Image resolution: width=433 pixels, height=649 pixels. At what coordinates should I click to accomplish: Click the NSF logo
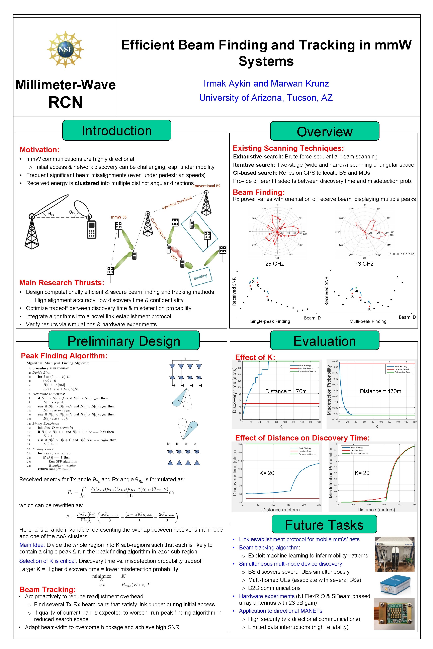coord(65,49)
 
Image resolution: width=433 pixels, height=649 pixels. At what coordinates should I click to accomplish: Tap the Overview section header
coord(325,132)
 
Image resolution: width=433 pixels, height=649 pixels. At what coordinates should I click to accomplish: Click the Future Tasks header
coord(324,525)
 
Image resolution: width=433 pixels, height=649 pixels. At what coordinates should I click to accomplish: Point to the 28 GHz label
coord(274,264)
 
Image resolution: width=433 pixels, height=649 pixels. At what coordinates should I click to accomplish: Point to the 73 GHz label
coord(364,264)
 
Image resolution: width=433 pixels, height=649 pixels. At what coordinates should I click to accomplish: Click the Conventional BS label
coord(206,186)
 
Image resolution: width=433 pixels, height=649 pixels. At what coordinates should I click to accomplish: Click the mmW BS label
coord(118,217)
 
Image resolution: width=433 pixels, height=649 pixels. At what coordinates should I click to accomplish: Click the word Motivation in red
coord(39,150)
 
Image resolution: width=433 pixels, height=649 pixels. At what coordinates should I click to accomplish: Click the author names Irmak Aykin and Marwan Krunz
coord(266,84)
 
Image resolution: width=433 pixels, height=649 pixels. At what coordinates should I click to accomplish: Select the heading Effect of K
coord(255,357)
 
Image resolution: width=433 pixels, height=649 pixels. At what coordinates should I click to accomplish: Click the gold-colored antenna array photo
coord(394,614)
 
